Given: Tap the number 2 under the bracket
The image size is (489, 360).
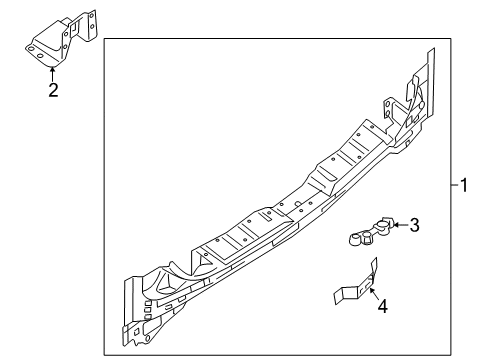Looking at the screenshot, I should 53,92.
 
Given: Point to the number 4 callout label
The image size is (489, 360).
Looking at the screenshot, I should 382,307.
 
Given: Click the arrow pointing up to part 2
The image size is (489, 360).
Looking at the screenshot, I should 53,73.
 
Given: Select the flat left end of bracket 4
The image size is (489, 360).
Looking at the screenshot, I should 339,294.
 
